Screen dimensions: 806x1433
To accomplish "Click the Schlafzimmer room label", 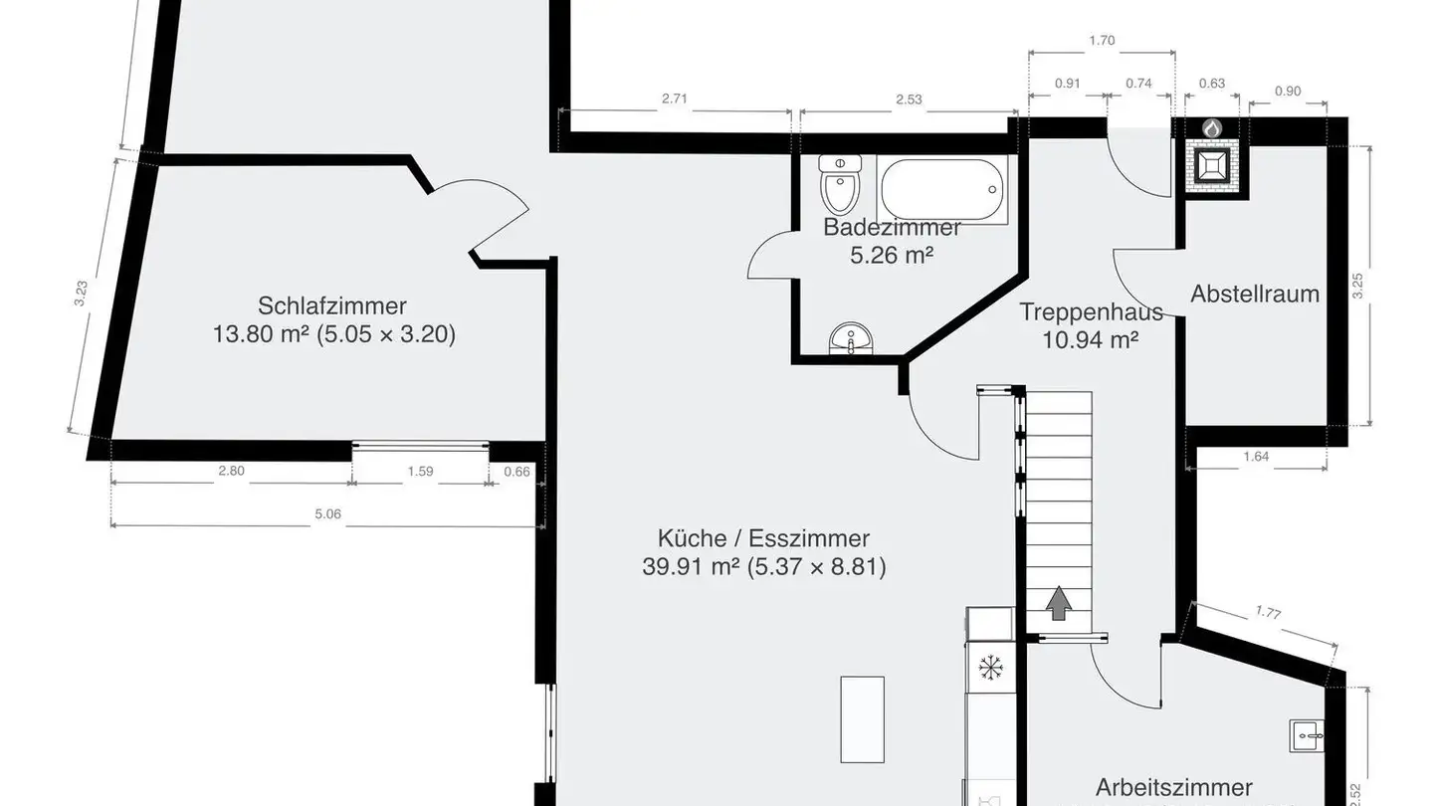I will tap(332, 305).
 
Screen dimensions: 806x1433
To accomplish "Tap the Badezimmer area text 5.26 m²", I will tap(891, 256).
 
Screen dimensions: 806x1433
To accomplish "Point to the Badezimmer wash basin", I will tap(851, 339).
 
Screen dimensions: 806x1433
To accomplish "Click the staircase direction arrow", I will tap(1058, 602).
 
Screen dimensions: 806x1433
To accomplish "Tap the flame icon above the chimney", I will tap(1211, 128).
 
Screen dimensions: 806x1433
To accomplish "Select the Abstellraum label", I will tap(1254, 294).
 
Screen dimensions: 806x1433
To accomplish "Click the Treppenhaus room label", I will tap(1091, 311).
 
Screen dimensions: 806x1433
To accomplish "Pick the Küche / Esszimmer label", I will tap(763, 538).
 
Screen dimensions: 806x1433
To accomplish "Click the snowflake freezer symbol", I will tap(990, 667).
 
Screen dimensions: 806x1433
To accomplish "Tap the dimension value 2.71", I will tap(674, 99).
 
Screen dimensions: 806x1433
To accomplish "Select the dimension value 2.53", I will tap(909, 99).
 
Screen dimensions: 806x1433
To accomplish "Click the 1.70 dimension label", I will tap(1102, 41).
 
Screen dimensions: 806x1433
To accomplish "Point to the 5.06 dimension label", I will tap(327, 513).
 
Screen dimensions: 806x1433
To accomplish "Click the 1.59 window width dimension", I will tap(420, 472).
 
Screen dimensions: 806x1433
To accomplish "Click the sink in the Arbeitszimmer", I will tap(1307, 735).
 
